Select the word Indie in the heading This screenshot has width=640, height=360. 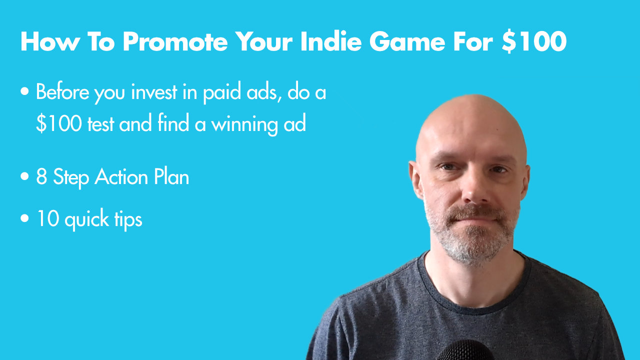coord(331,41)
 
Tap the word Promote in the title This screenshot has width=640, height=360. coord(175,41)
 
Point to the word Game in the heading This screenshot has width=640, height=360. coord(407,41)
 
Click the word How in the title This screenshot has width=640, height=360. coord(50,41)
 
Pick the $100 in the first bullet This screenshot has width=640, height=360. coord(59,123)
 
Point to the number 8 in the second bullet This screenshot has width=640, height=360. coord(41,176)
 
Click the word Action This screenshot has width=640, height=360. coord(121,176)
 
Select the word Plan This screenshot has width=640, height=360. coord(171,176)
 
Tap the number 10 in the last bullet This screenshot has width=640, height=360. coord(47,219)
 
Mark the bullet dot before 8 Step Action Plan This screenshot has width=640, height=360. coord(25,176)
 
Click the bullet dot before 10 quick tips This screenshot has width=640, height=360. coord(25,218)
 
